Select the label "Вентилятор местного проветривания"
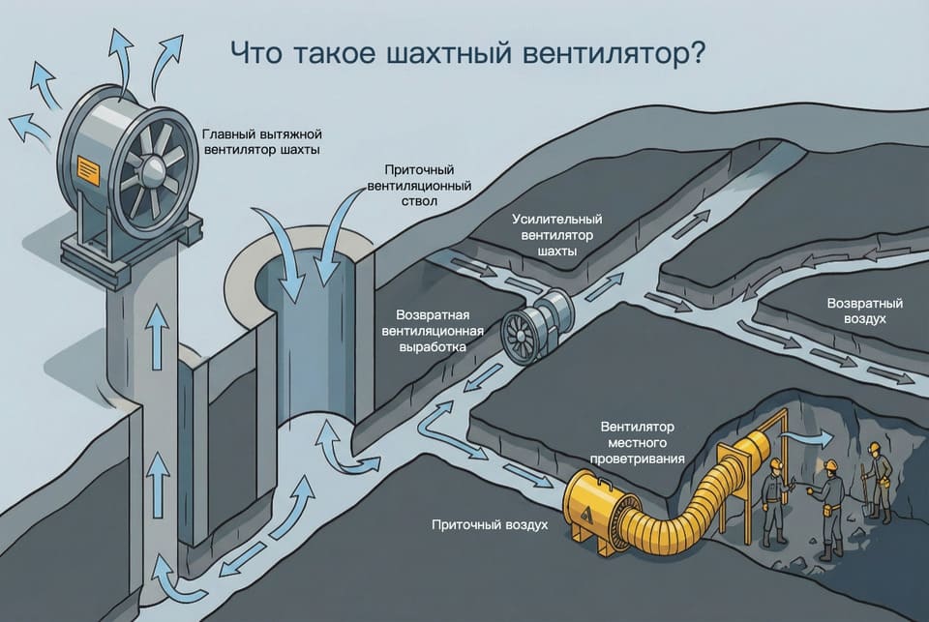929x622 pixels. [641, 442]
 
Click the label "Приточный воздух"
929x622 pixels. [491, 524]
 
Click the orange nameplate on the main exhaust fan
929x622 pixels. [88, 169]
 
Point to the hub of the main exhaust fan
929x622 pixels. [154, 169]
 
